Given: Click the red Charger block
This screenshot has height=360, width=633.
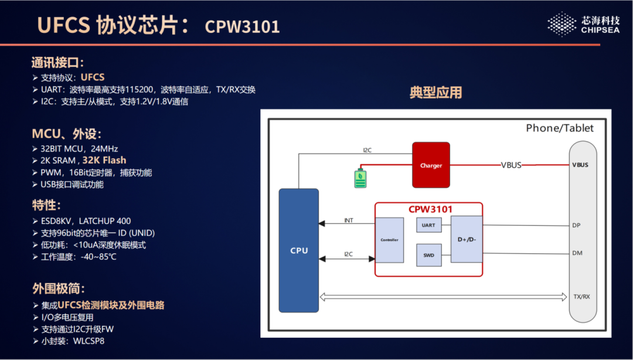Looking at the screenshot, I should (x=431, y=165).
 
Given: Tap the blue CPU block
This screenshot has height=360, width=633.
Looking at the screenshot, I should (x=298, y=250).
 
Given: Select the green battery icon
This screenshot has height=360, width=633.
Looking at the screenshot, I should (x=360, y=178).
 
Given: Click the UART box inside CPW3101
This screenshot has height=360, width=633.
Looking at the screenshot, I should (x=428, y=225).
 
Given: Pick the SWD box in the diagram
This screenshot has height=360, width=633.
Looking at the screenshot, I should (x=428, y=254).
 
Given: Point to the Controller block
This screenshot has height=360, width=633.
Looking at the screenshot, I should (x=389, y=240).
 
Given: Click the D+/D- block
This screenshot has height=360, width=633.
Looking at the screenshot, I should (x=467, y=239).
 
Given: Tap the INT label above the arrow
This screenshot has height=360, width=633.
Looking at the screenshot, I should (x=349, y=220).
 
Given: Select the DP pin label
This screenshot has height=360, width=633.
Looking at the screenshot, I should (x=576, y=225).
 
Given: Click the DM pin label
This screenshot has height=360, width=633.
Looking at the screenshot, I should (x=577, y=253).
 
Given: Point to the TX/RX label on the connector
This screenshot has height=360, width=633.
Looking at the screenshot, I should (x=581, y=297).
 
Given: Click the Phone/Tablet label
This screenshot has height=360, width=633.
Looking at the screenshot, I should (x=559, y=128).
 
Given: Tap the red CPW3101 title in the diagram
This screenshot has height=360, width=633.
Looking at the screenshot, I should (x=430, y=209).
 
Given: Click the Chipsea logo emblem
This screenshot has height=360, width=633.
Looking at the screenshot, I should (x=561, y=24).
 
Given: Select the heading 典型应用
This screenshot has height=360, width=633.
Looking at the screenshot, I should (x=435, y=93).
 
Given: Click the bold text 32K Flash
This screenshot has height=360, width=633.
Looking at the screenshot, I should (x=104, y=160).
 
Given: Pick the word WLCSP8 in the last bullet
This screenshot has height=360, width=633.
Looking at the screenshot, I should (x=89, y=341).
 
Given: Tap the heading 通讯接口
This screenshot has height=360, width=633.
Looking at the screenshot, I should (x=57, y=63).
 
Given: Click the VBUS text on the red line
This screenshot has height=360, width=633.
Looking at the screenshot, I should (x=511, y=165).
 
